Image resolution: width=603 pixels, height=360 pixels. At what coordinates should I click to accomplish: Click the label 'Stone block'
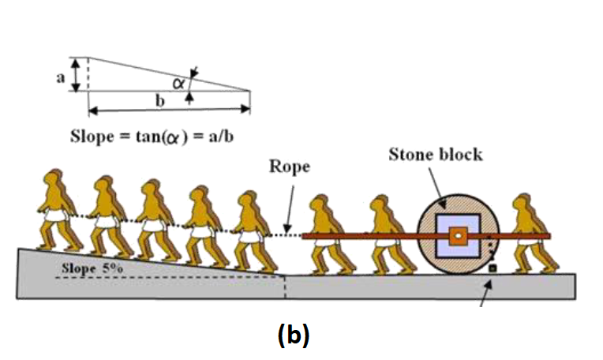point(435,153)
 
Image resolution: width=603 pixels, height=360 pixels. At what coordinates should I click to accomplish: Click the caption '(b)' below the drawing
point(294,335)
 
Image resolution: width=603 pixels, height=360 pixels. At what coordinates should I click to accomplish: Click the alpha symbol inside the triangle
point(178,81)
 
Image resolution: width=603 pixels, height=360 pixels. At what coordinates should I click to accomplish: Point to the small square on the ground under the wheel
point(493,269)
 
